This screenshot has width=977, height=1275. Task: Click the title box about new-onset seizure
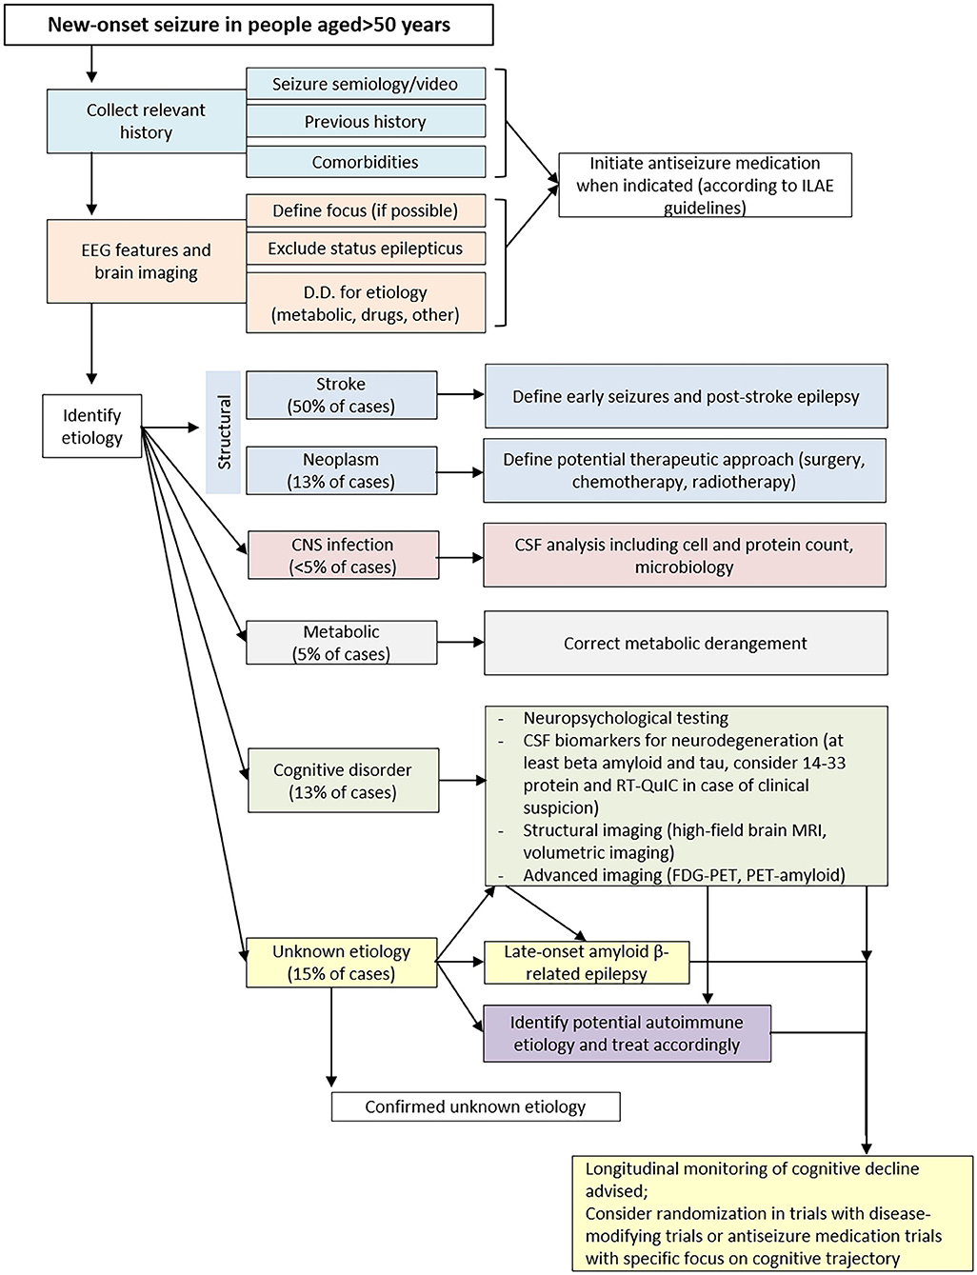[x=249, y=25]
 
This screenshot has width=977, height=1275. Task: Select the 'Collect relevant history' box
[x=146, y=121]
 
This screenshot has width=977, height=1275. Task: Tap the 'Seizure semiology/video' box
[x=366, y=84]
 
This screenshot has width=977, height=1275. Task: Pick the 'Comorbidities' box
[x=366, y=161]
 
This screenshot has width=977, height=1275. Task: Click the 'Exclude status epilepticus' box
[x=366, y=249]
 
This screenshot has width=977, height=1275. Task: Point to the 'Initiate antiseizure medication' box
[x=705, y=185]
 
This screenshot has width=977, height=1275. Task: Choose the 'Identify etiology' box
[x=92, y=426]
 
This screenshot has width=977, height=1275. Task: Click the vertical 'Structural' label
[x=224, y=432]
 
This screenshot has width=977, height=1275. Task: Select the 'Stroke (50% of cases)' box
[x=342, y=395]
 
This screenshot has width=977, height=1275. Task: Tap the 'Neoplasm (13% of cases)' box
[x=342, y=470]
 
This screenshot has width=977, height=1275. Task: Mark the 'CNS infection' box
[x=343, y=555]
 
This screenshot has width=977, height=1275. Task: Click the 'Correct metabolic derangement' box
[x=686, y=643]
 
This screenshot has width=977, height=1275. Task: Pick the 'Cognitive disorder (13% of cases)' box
[x=343, y=781]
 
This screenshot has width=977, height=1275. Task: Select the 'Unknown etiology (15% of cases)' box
[x=342, y=963]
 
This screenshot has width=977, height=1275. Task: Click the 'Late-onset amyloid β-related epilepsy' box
[x=587, y=963]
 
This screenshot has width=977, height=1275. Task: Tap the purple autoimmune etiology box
[x=628, y=1033]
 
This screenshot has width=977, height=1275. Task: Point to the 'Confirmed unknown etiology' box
[x=476, y=1106]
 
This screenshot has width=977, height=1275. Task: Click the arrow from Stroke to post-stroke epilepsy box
[x=461, y=394]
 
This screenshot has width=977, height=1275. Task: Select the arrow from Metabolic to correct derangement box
[x=461, y=642]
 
